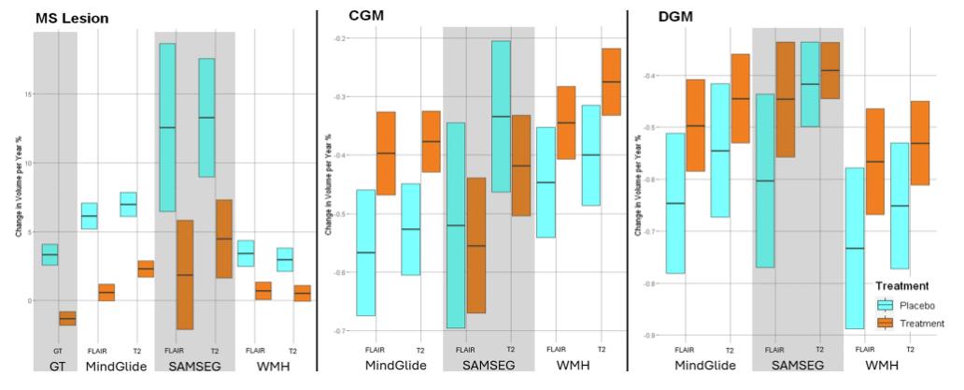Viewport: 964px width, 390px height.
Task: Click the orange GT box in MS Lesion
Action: (x=66, y=318)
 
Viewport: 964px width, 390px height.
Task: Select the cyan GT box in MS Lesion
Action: (x=50, y=254)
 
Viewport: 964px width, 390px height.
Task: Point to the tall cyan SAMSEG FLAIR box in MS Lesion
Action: (x=167, y=127)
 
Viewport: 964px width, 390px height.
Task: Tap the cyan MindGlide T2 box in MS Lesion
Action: (x=128, y=204)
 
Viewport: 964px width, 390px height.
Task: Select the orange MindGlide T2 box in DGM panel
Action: (x=740, y=98)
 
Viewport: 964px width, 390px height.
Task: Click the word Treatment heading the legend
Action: (x=900, y=286)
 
